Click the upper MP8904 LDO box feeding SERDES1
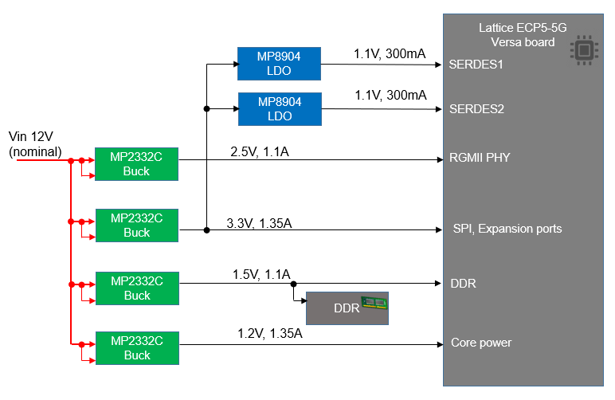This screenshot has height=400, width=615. click(280, 63)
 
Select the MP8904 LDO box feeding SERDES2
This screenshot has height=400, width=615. click(280, 109)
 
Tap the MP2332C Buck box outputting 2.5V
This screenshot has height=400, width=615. click(137, 164)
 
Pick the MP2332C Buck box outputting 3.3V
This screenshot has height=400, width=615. click(137, 225)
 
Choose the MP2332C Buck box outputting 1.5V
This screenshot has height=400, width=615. click(137, 288)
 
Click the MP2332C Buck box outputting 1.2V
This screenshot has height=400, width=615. click(137, 348)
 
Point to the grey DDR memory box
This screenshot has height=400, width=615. click(347, 308)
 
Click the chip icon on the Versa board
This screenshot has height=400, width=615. click(584, 50)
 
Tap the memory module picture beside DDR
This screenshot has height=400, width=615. click(373, 303)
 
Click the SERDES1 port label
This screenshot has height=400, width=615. click(476, 64)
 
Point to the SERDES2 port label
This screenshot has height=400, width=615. click(476, 109)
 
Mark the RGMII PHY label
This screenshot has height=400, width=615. click(480, 158)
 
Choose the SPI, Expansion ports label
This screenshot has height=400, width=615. click(507, 229)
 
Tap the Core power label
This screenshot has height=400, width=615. click(481, 343)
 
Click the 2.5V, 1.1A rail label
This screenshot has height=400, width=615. click(259, 151)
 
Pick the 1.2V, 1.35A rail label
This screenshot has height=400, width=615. click(270, 333)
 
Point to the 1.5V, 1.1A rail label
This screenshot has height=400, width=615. click(261, 274)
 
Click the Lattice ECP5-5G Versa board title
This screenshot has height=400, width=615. click(523, 34)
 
